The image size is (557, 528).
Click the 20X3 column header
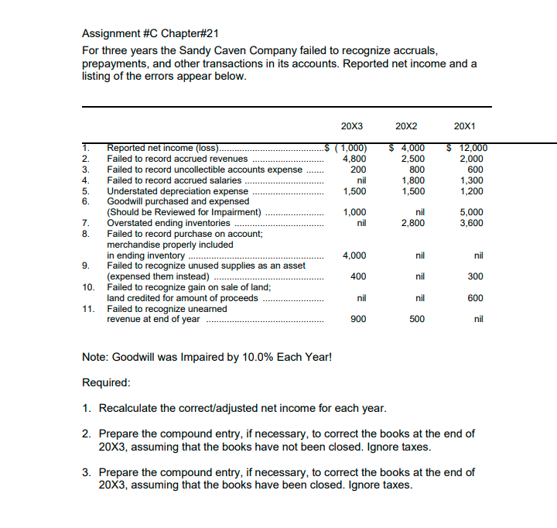(352, 126)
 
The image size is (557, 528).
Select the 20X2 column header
(406, 126)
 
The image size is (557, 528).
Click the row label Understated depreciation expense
(177, 190)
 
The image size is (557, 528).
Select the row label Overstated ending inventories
(168, 223)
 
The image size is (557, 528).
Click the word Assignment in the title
(110, 34)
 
